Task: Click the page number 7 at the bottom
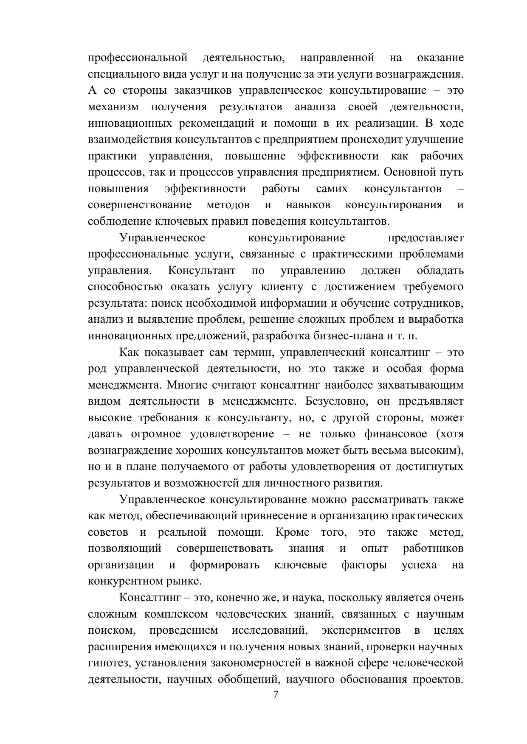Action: [x=276, y=694]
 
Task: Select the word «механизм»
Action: [x=113, y=107]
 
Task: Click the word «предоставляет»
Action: [x=426, y=238]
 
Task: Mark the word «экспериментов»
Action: [x=361, y=630]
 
